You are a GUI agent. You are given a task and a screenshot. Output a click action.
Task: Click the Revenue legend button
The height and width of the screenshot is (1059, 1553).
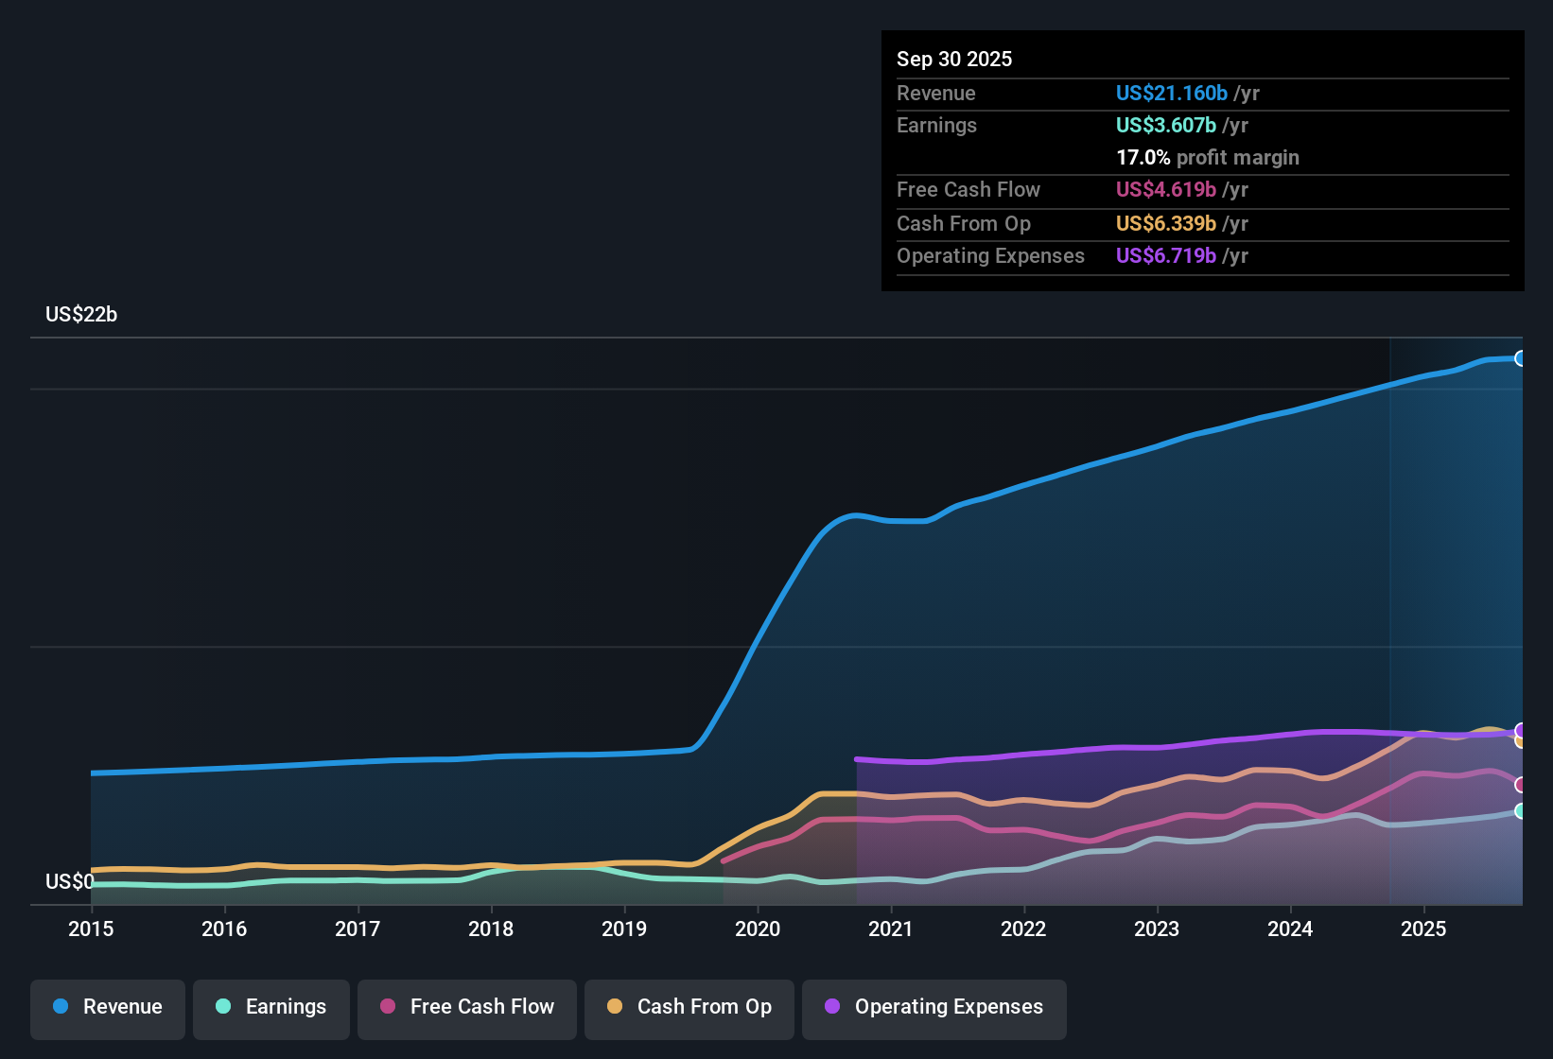[x=108, y=1007]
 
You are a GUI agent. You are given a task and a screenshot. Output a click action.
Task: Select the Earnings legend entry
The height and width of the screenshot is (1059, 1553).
[x=271, y=1007]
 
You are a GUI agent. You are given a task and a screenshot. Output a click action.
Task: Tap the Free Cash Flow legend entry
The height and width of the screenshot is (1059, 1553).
[x=467, y=1007]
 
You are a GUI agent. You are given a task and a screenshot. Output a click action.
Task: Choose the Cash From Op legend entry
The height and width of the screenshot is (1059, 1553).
[x=689, y=1007]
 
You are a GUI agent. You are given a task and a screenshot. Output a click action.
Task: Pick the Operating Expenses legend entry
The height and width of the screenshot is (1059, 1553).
[x=934, y=1007]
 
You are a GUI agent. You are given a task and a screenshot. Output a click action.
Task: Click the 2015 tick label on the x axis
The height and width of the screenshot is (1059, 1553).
[x=91, y=929]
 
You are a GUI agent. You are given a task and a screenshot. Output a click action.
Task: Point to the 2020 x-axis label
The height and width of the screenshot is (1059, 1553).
[x=758, y=929]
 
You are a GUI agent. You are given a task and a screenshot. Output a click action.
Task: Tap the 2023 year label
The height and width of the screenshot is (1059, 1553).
[x=1157, y=929]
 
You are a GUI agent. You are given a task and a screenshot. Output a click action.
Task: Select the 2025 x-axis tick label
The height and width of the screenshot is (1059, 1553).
[x=1423, y=929]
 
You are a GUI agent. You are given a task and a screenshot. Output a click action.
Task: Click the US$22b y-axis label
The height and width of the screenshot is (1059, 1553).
[x=81, y=315]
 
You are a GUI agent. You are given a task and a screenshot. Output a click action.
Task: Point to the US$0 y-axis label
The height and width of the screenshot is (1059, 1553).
[x=69, y=882]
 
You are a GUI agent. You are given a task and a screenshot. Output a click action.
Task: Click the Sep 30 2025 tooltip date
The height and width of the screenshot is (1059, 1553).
[x=954, y=60]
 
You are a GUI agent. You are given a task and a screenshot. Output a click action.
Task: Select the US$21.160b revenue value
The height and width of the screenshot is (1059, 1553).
[x=1171, y=94]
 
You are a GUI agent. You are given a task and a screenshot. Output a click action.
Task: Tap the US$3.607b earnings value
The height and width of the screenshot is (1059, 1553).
[x=1165, y=126]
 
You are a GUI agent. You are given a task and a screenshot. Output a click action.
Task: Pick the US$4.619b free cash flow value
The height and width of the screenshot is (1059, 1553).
[x=1165, y=190]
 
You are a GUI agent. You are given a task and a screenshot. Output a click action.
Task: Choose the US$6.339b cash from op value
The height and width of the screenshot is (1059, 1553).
[x=1165, y=224]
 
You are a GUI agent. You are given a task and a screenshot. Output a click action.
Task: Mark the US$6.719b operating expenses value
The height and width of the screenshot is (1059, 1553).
[x=1165, y=256]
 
